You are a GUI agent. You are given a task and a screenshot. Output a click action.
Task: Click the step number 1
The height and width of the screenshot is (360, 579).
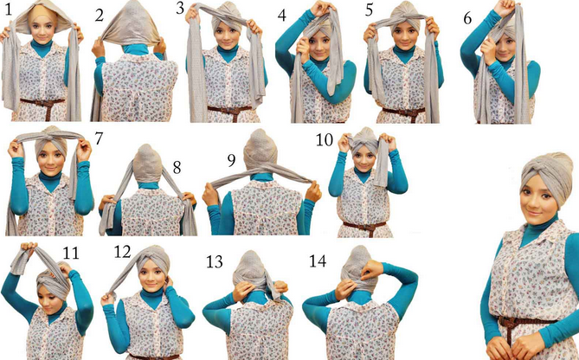[x=9, y=10]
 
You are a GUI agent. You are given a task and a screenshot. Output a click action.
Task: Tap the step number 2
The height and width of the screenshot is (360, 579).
[x=99, y=15]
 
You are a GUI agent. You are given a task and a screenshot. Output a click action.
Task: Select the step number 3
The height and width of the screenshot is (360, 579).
[x=180, y=8]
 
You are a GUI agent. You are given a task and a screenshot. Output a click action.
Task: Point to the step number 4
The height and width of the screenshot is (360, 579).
[x=282, y=16]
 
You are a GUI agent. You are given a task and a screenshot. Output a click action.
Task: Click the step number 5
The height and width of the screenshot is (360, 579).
[x=369, y=10]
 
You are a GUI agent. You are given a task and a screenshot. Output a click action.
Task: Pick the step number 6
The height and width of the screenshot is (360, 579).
[x=467, y=18]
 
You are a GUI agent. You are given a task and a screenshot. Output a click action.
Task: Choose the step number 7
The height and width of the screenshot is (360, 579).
[x=99, y=138]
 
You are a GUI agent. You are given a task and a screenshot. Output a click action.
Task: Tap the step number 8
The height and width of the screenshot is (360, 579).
[x=177, y=168]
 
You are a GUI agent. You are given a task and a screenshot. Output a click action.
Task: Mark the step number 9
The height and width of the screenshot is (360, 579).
[x=231, y=160]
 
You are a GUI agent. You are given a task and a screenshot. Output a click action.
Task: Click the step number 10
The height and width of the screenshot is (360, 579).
[x=325, y=140]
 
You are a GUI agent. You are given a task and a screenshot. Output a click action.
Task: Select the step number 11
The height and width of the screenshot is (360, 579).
[x=70, y=254]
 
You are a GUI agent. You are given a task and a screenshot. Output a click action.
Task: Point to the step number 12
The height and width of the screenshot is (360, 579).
[x=122, y=252]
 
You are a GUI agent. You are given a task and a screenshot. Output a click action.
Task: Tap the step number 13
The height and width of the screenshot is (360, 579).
[x=214, y=262]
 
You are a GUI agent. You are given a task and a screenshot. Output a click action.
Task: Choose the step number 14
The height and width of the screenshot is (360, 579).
[x=318, y=260]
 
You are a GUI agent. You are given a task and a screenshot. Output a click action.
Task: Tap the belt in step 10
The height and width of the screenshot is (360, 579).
[x=364, y=225]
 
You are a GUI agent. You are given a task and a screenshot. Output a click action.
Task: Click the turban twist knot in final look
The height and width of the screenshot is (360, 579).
[x=536, y=174]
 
